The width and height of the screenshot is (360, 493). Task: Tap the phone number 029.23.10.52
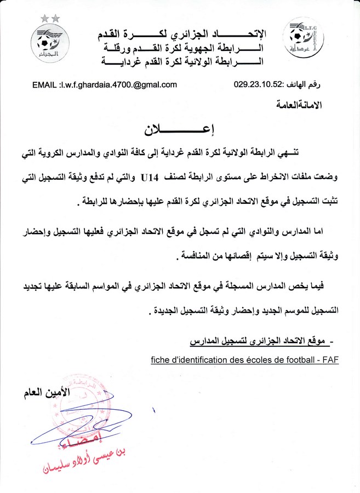click(257, 85)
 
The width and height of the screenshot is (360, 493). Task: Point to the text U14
click(150, 177)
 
